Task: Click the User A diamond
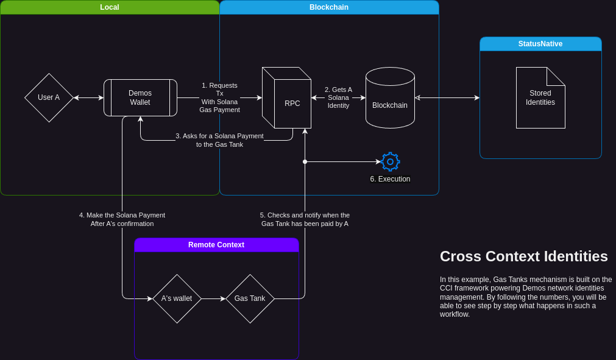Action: point(49,97)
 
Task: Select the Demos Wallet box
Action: point(140,97)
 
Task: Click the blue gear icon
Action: point(391,161)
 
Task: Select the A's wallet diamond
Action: point(177,298)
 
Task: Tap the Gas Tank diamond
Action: point(250,298)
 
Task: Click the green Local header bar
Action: point(110,7)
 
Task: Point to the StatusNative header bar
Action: point(540,44)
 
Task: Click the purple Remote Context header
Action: point(216,245)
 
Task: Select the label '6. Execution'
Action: point(390,179)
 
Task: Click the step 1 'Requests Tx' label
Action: point(219,97)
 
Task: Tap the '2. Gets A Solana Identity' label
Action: point(338,97)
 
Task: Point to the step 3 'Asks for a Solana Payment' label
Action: point(219,140)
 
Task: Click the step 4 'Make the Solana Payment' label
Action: point(122,219)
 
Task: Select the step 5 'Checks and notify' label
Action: point(305,219)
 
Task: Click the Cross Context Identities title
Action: point(524,256)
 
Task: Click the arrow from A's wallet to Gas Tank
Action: point(213,298)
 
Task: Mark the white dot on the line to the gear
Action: point(305,161)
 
